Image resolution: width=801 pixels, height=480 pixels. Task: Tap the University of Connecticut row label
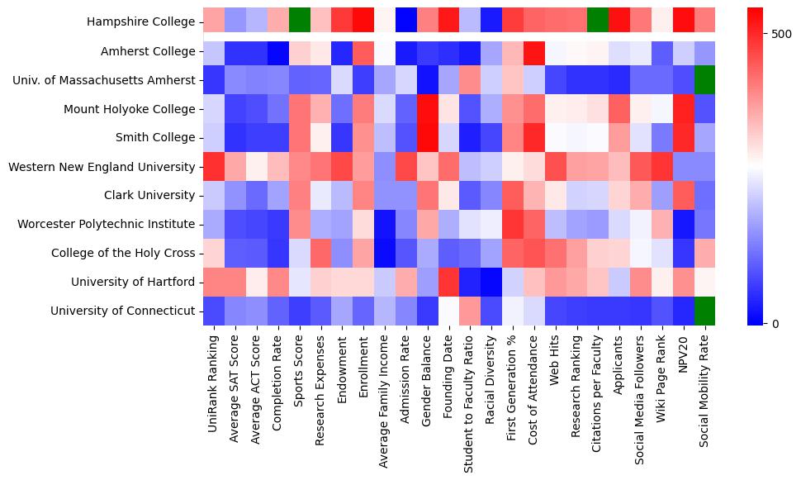pyautogui.click(x=125, y=311)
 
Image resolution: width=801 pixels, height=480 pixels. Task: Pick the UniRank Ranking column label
pyautogui.click(x=213, y=379)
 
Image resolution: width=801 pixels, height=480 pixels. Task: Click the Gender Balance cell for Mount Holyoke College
pyautogui.click(x=427, y=109)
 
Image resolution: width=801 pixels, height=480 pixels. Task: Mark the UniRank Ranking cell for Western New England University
pyautogui.click(x=214, y=167)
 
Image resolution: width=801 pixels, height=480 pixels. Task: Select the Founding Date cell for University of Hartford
pyautogui.click(x=448, y=282)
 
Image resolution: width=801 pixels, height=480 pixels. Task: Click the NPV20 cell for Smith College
pyautogui.click(x=685, y=138)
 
